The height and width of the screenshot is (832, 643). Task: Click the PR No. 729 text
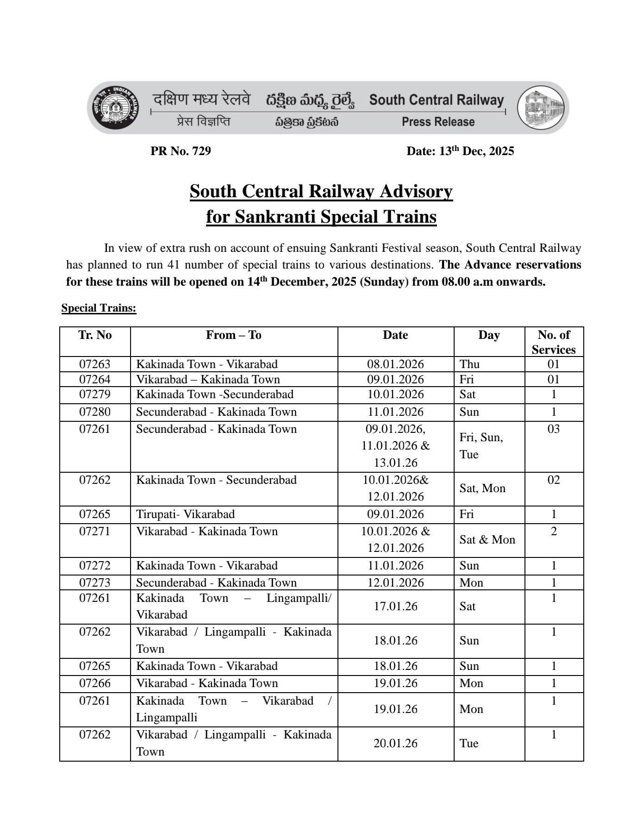[x=181, y=151]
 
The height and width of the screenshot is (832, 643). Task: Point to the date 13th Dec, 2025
[x=460, y=151]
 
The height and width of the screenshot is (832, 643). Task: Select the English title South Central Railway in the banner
[x=436, y=100]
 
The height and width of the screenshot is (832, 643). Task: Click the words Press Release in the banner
[x=438, y=122]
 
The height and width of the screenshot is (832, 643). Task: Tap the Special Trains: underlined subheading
[x=99, y=308]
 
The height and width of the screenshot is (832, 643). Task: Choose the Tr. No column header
[x=95, y=335]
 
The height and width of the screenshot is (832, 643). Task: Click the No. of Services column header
[x=554, y=342]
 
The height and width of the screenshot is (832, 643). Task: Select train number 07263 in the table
[x=95, y=364]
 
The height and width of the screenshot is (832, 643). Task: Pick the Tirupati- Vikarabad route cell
[x=185, y=514]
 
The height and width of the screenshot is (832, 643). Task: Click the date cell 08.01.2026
[x=395, y=364]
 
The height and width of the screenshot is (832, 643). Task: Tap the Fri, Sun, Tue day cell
[x=481, y=446]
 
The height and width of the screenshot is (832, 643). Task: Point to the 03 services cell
[x=554, y=429]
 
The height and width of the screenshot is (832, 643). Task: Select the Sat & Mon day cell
[x=487, y=539]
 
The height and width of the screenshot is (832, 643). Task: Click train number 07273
[x=95, y=582]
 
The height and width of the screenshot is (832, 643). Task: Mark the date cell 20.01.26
[x=395, y=743]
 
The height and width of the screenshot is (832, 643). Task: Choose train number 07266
[x=95, y=683]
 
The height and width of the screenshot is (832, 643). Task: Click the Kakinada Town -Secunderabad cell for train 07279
[x=215, y=394]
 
